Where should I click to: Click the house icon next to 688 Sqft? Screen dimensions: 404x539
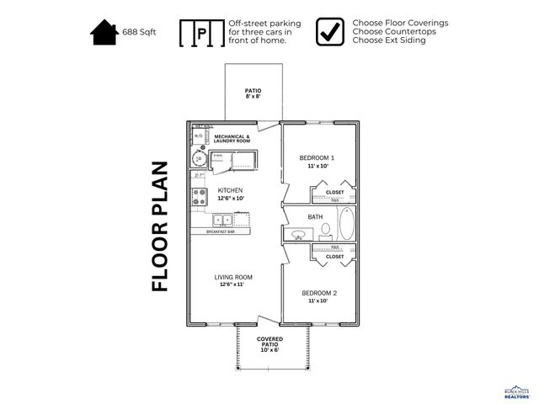click(x=104, y=33)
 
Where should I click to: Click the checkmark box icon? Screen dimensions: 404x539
click(x=330, y=32)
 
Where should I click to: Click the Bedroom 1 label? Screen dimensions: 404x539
click(x=318, y=157)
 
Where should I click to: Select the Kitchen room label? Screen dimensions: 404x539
click(x=230, y=190)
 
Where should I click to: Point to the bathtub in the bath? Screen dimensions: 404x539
click(x=346, y=225)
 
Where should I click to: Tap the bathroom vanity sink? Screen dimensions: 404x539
click(x=298, y=233)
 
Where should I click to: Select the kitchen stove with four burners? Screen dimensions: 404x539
click(x=200, y=197)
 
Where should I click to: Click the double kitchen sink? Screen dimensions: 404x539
click(x=223, y=221)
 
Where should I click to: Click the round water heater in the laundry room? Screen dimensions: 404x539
click(x=200, y=158)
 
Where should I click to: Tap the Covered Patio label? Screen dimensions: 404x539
click(x=269, y=343)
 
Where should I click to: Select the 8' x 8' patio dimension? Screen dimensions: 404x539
click(x=253, y=97)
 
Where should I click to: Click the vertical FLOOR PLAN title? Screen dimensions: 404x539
click(x=160, y=226)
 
